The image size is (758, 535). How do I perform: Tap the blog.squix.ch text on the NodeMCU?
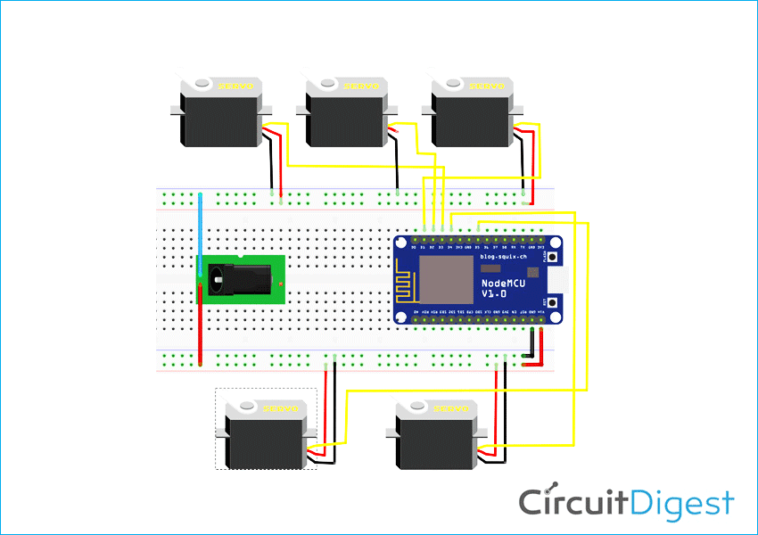tap(504, 256)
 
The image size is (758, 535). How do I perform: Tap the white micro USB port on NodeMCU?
tap(559, 280)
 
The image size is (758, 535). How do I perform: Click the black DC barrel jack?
tap(234, 279)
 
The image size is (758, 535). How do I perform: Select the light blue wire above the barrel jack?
tap(201, 232)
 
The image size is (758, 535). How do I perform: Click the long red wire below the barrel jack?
tap(201, 330)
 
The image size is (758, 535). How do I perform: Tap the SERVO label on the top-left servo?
tap(237, 86)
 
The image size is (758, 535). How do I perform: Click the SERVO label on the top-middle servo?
tap(361, 86)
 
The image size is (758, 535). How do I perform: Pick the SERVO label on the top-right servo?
tap(486, 86)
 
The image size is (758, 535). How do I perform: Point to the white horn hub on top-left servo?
tap(202, 84)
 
